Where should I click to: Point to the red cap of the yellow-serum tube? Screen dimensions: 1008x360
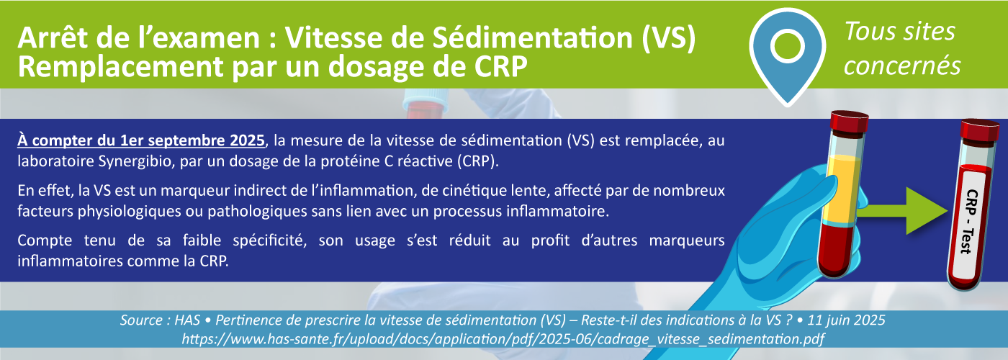coord(849,123)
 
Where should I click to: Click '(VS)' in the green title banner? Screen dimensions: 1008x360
coord(669,37)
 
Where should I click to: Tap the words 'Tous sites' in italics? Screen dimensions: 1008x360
coord(900,32)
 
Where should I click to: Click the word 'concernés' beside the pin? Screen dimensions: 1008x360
coord(902,66)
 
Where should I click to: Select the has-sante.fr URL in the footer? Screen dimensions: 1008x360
coord(503,339)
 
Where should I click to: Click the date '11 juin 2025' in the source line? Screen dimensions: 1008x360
coord(847,320)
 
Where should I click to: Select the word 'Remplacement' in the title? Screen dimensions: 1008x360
coord(120,67)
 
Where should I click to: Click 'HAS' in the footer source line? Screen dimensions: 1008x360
coord(187,320)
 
